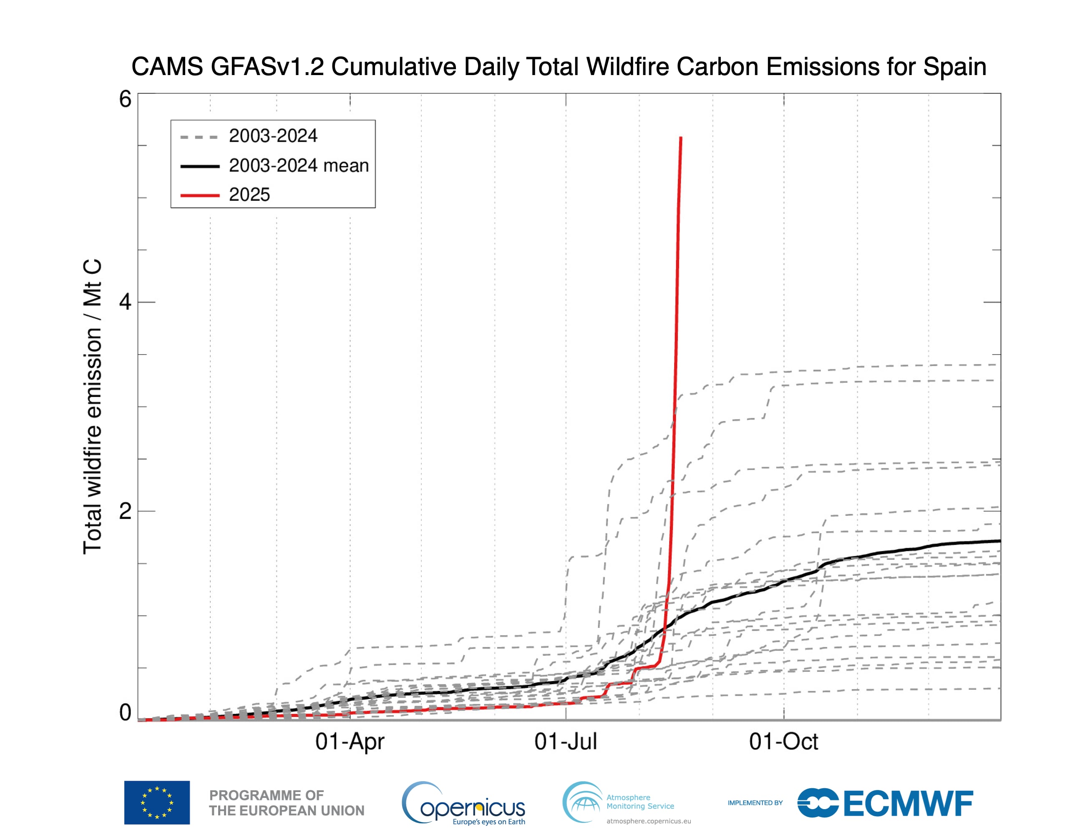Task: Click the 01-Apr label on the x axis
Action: click(350, 742)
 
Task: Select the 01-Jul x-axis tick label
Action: click(566, 742)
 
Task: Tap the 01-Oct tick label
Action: click(783, 742)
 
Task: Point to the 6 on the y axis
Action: click(125, 99)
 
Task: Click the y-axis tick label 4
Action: click(125, 302)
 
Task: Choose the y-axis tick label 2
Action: click(125, 511)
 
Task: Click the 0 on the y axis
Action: click(125, 713)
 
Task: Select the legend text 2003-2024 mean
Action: click(298, 166)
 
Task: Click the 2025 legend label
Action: click(249, 195)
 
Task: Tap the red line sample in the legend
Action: click(200, 195)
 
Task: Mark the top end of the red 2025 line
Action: click(681, 138)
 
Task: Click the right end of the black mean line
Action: click(999, 541)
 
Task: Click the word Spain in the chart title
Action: click(954, 66)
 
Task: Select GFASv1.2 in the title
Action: click(267, 66)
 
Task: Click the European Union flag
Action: click(157, 802)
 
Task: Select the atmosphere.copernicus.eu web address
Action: click(648, 821)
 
